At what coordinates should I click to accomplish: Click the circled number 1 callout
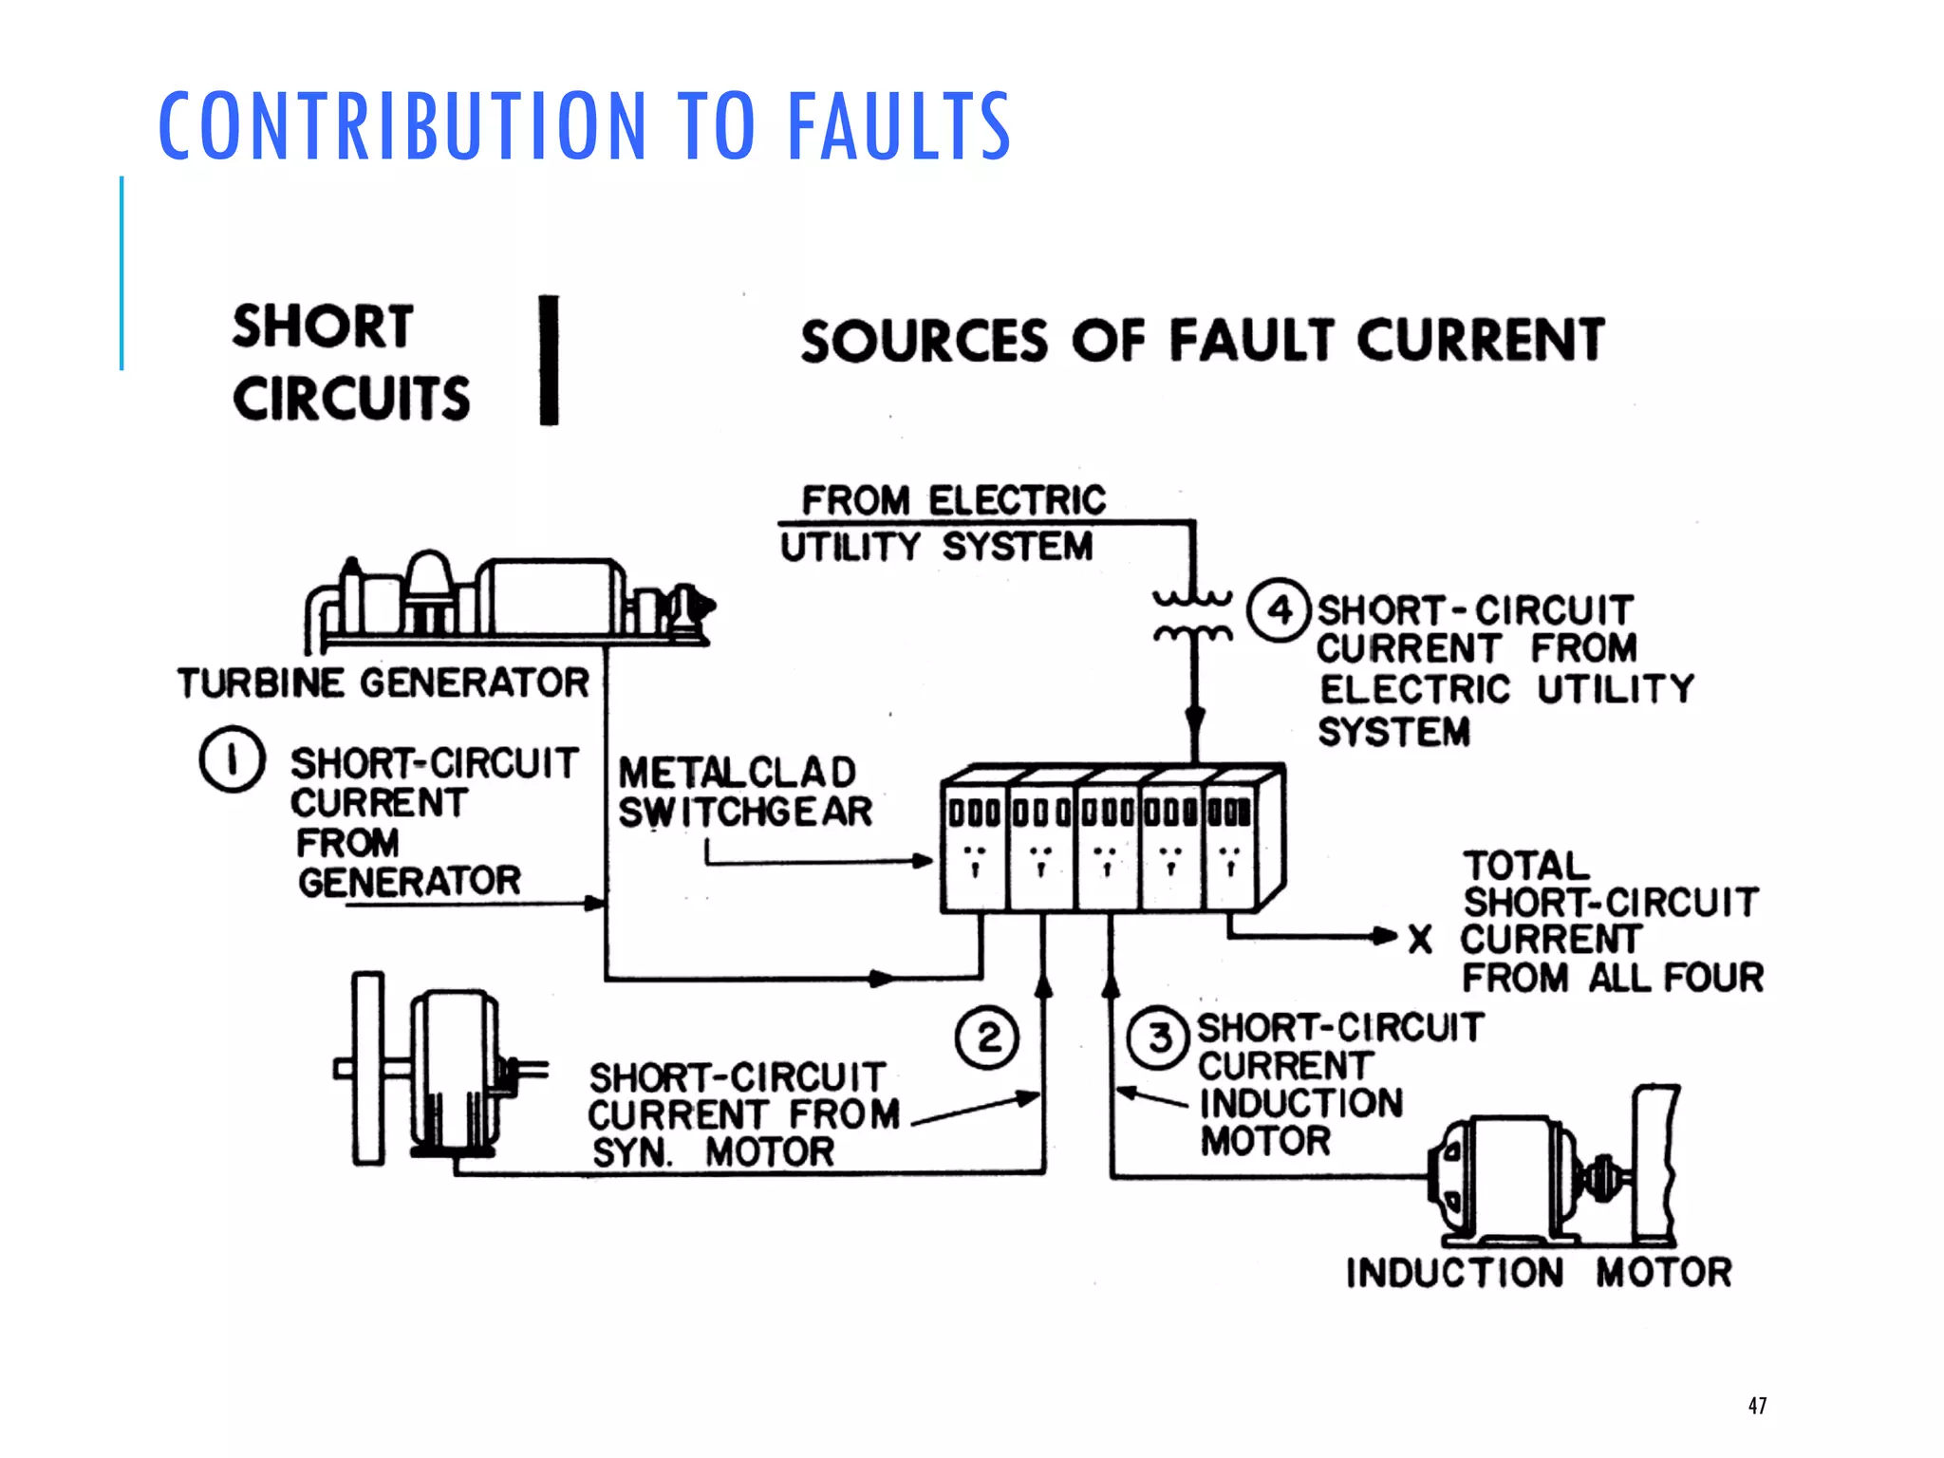(232, 759)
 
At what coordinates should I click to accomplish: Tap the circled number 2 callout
(987, 1038)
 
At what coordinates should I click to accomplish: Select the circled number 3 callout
(1158, 1038)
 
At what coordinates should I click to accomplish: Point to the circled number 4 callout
(1279, 610)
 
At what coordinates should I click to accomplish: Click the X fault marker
(1420, 939)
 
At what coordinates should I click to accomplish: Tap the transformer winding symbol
(1193, 615)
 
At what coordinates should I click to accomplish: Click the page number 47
(1757, 1405)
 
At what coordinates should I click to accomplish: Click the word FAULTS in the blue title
(899, 125)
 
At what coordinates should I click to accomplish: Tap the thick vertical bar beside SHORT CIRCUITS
(549, 360)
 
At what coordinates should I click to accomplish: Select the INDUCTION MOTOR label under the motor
(1538, 1273)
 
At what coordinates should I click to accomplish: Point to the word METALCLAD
(738, 773)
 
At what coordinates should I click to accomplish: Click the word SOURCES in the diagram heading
(924, 342)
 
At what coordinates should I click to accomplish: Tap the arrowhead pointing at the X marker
(1386, 936)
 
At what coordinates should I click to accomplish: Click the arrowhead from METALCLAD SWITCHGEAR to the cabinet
(923, 861)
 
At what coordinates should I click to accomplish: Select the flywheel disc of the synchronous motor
(368, 1068)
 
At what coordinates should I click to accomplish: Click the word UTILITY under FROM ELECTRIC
(850, 548)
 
